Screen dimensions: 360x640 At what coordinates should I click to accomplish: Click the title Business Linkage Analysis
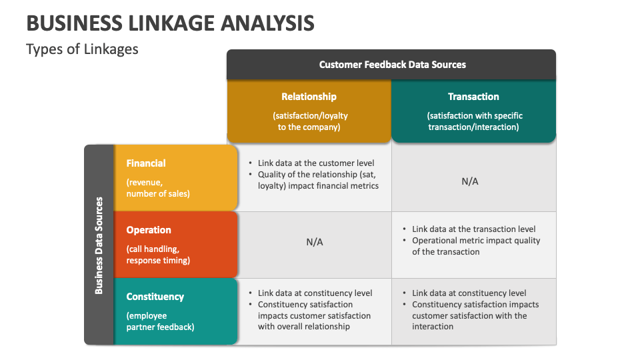tap(170, 23)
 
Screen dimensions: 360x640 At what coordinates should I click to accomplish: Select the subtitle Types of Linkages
tap(82, 49)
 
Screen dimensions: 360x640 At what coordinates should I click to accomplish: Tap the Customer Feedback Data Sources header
tap(392, 65)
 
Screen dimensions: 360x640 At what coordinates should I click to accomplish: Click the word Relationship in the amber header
tap(309, 97)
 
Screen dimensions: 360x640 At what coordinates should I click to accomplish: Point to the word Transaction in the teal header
tap(473, 97)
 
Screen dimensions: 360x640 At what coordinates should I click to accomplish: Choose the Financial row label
tap(146, 163)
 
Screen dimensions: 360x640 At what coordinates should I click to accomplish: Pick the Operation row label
tap(149, 230)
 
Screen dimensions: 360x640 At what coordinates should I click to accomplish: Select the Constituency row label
tap(155, 297)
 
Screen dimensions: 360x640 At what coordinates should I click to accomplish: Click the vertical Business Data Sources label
tap(99, 245)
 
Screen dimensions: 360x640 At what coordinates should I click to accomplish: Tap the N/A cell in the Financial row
tap(470, 181)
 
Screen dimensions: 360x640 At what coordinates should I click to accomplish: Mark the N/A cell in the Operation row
tap(315, 242)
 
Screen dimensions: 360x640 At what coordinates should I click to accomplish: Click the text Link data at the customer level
tap(316, 163)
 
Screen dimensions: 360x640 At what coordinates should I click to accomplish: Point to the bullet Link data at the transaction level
tap(473, 229)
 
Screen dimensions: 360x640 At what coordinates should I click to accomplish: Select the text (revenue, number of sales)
tap(158, 188)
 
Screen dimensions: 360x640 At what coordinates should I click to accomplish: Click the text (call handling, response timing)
tap(158, 255)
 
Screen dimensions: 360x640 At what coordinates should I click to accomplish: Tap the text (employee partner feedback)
tap(160, 321)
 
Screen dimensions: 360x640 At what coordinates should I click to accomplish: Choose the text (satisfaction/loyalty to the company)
tap(309, 121)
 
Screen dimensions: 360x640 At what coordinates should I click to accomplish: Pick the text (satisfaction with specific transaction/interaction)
tap(473, 121)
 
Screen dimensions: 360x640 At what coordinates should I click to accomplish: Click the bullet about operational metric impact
tap(475, 246)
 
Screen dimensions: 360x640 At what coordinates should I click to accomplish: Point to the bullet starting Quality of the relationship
tap(318, 180)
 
